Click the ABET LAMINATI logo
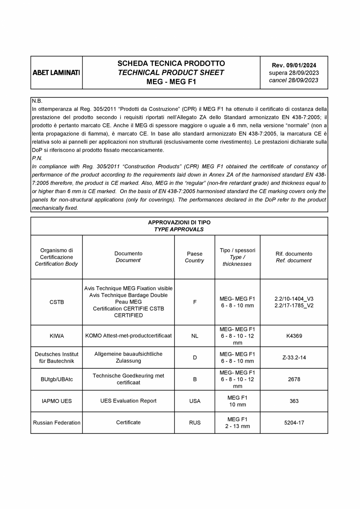pyautogui.click(x=56, y=73)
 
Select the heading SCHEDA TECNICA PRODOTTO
pyautogui.click(x=171, y=63)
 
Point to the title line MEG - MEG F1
pyautogui.click(x=171, y=82)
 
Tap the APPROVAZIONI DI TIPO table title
pyautogui.click(x=179, y=222)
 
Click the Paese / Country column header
pyautogui.click(x=194, y=257)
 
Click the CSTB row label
pyautogui.click(x=57, y=302)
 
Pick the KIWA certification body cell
pyautogui.click(x=57, y=336)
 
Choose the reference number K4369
pyautogui.click(x=294, y=336)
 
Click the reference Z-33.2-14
pyautogui.click(x=294, y=357)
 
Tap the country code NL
pyautogui.click(x=194, y=336)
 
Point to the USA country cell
pyautogui.click(x=194, y=401)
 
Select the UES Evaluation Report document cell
pyautogui.click(x=128, y=401)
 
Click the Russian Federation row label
pyautogui.click(x=57, y=423)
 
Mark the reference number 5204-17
pyautogui.click(x=294, y=423)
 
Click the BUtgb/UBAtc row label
pyautogui.click(x=57, y=379)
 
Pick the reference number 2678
pyautogui.click(x=294, y=379)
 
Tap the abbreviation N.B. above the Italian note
pyautogui.click(x=37, y=101)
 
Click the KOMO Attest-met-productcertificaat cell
pyautogui.click(x=128, y=336)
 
